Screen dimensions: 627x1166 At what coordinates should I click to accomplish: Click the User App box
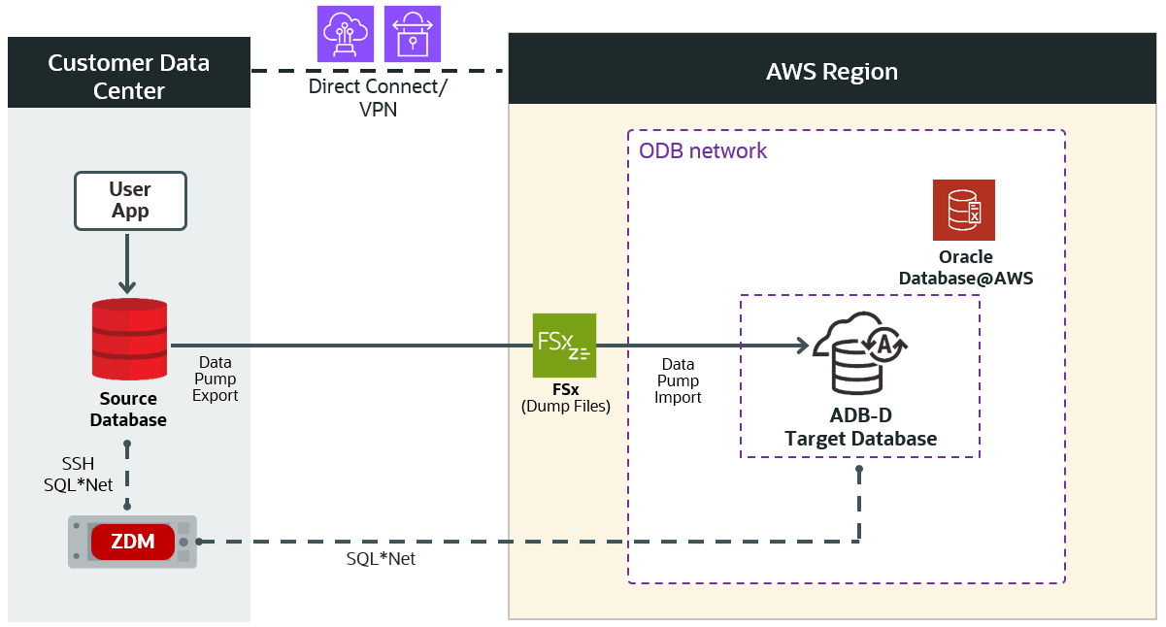coord(129,201)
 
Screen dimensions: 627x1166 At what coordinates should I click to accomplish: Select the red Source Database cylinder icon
coord(129,339)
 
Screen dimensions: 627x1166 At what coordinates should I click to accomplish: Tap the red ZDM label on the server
coord(133,542)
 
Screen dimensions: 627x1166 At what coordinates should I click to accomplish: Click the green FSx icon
coord(564,345)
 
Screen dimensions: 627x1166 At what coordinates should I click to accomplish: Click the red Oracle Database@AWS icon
coord(963,210)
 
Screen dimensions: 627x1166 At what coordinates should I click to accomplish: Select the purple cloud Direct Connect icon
coord(346,34)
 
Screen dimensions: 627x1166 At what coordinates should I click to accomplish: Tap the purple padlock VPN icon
coord(412,34)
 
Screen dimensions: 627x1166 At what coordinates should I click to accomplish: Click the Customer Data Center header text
coord(129,77)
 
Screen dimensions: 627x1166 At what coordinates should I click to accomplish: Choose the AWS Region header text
coord(832,72)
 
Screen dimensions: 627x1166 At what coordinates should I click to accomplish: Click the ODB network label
coord(703,151)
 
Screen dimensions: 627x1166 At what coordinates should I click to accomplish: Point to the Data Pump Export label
coord(215,379)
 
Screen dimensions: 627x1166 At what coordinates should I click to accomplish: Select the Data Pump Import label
coord(678,380)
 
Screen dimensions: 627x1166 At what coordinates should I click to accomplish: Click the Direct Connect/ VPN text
coord(378,97)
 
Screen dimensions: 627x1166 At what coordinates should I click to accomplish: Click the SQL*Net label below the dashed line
coord(381,559)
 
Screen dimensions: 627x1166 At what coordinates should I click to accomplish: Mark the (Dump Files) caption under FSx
coord(565,406)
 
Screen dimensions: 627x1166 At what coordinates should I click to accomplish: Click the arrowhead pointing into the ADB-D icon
coord(802,346)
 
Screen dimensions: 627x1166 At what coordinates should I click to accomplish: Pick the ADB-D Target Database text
coord(860,427)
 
